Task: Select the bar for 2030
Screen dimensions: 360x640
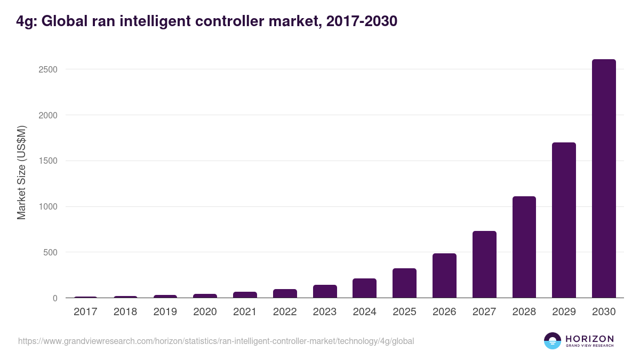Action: point(604,179)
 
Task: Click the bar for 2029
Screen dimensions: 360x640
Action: point(564,220)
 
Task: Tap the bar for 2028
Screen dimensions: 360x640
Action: point(524,247)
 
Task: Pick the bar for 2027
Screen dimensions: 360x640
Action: point(484,265)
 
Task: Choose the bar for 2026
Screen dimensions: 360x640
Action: point(444,276)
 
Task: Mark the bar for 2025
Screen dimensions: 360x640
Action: point(404,283)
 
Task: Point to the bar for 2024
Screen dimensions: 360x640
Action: point(364,288)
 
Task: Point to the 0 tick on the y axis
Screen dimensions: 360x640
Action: point(55,298)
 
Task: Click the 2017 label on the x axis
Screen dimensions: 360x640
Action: point(85,312)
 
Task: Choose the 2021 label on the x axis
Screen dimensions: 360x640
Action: point(245,312)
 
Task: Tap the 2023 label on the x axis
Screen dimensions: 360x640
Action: point(325,312)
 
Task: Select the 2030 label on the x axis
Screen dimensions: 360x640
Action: point(604,312)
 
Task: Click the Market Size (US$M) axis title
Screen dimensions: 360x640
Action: point(21,172)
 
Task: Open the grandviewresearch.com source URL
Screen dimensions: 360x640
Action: point(216,341)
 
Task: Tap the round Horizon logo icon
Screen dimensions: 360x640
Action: point(552,341)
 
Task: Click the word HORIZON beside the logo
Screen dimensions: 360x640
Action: point(589,338)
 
